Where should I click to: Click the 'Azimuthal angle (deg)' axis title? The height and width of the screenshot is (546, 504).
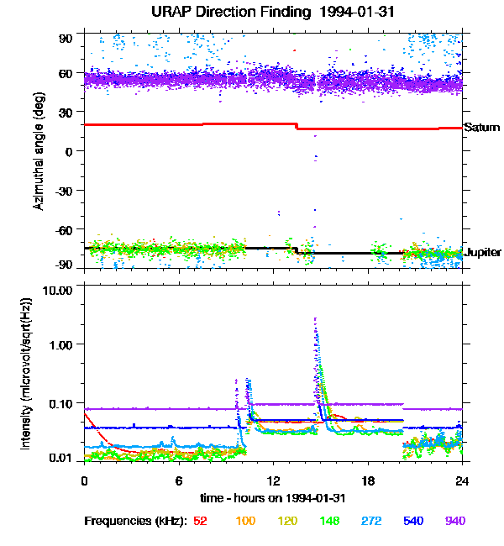(x=39, y=151)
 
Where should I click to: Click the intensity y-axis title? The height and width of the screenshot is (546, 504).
(x=26, y=373)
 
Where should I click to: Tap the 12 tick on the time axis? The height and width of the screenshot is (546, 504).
(x=273, y=480)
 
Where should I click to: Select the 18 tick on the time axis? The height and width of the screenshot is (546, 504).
(x=368, y=480)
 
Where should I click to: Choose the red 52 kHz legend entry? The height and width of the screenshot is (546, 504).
(x=201, y=522)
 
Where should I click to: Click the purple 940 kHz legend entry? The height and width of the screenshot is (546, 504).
(x=455, y=522)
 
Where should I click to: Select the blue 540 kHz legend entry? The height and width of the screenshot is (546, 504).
(x=413, y=522)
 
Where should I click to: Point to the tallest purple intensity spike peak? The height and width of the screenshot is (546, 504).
(x=315, y=319)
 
